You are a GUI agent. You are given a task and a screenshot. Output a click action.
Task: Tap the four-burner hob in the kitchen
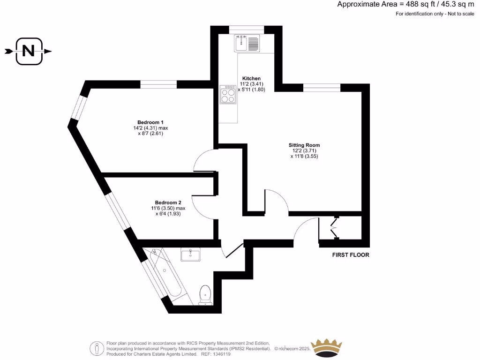[228, 95]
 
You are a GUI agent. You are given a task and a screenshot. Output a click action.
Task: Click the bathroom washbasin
[190, 254]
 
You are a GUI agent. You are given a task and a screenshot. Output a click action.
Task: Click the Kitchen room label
[251, 78]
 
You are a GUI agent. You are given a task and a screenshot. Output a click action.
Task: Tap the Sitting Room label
[304, 145]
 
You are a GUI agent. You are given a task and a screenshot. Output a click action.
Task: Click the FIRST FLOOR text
[351, 255]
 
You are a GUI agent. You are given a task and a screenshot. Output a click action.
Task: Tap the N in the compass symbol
[29, 51]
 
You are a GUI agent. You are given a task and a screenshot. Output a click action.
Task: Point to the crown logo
[327, 347]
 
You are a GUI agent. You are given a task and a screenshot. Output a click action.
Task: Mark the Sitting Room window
[322, 87]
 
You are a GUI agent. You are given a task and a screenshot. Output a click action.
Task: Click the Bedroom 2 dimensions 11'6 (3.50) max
[168, 208]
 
